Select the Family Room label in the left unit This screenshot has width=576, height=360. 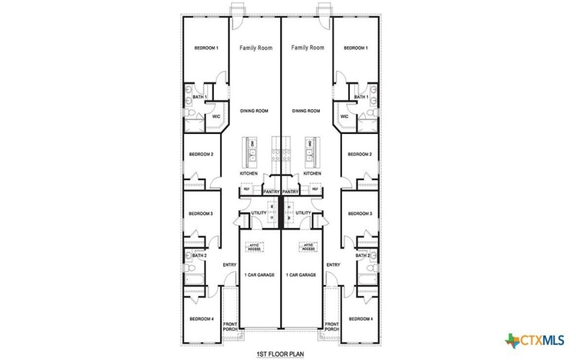256,48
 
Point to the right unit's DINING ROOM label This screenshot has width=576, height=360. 306,111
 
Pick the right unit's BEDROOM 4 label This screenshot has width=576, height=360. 361,318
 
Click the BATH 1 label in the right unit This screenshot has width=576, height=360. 361,96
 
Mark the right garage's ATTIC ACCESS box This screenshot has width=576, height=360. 308,247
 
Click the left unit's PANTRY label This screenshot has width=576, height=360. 271,192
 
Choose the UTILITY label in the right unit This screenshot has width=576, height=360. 303,213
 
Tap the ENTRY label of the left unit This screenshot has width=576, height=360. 230,264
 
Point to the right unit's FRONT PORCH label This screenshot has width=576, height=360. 332,326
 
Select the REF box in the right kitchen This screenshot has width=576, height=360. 325,189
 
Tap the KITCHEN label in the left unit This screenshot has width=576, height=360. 248,174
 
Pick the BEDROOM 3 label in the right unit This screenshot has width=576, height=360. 360,213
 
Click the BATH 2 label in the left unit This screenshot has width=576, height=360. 199,256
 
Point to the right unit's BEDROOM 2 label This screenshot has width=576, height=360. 360,154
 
